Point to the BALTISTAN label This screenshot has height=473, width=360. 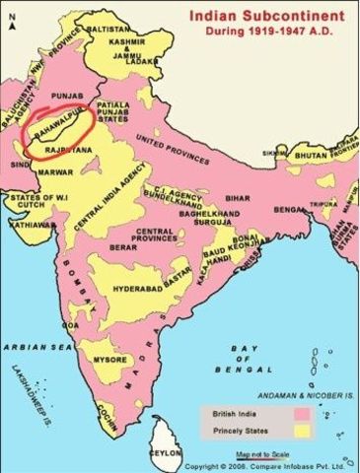130,30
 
